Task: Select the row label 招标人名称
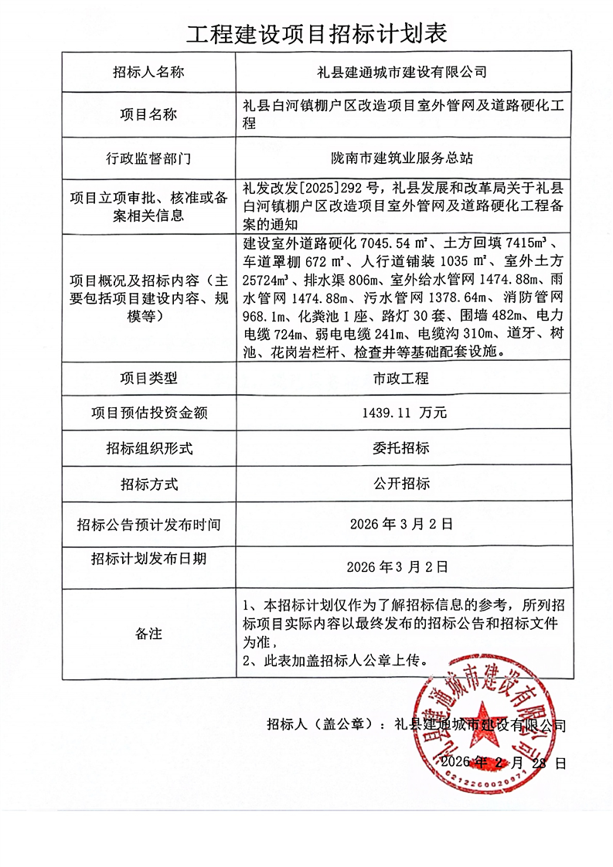point(148,73)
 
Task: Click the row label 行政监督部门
point(148,158)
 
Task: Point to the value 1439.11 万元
point(404,413)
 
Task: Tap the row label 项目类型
point(148,379)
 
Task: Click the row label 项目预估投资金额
point(148,413)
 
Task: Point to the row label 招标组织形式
point(148,448)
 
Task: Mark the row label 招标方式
point(148,484)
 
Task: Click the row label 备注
point(148,634)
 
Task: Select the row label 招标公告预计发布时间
point(148,525)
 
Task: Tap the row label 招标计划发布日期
point(148,559)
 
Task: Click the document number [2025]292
point(340,186)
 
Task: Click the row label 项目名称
point(148,114)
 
